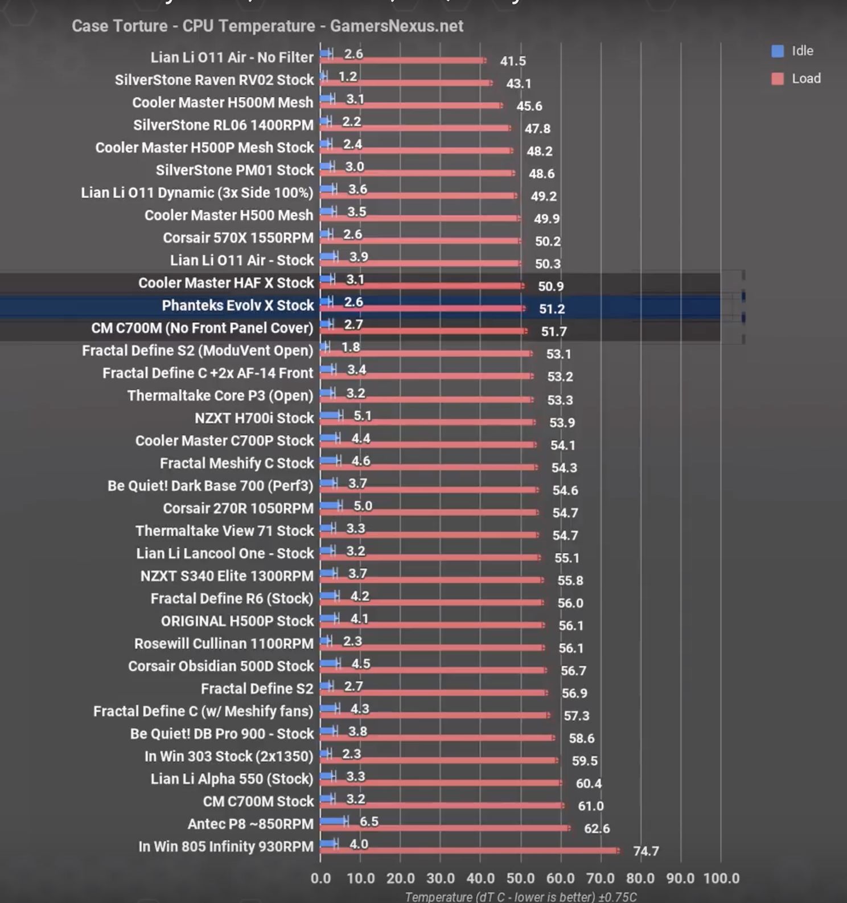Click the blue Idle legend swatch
(x=778, y=51)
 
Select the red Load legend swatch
(x=778, y=79)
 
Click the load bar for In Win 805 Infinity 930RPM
(x=470, y=851)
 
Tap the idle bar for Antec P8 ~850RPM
(x=334, y=820)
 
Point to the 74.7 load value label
(x=646, y=851)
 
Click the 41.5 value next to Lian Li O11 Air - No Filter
(x=513, y=61)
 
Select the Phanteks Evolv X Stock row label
(x=237, y=306)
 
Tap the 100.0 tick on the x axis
(x=721, y=879)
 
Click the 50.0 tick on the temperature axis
(x=520, y=879)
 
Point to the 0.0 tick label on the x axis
(x=320, y=879)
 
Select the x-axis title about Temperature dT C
(x=520, y=897)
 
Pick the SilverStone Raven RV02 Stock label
(x=214, y=80)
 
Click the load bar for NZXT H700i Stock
(x=427, y=422)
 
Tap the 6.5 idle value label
(x=369, y=822)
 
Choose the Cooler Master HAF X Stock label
(x=226, y=283)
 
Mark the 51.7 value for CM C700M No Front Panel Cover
(x=554, y=331)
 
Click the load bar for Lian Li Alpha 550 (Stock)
(x=441, y=783)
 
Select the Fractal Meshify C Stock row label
(x=236, y=463)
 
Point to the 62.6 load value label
(x=597, y=828)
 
